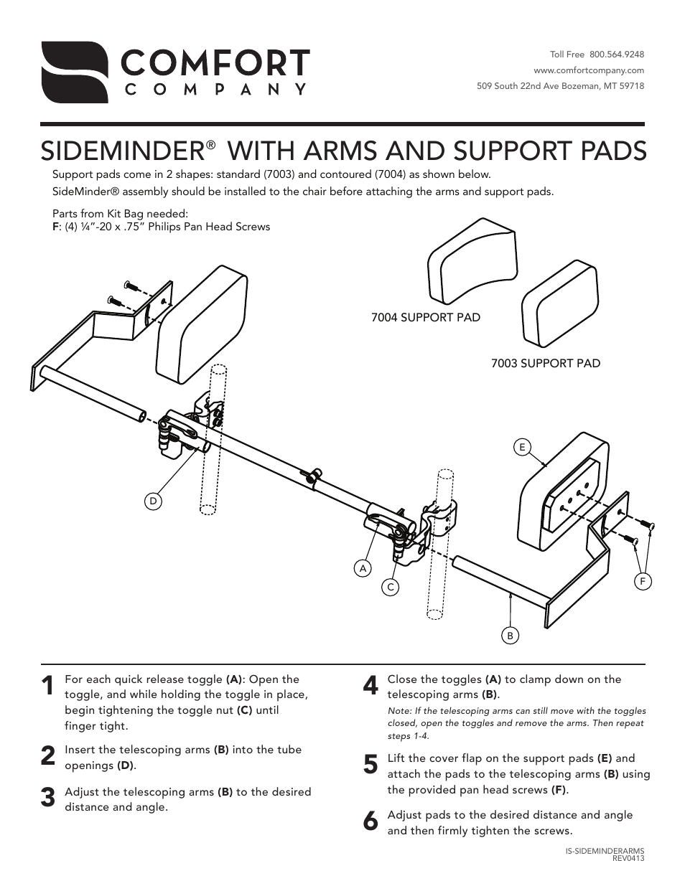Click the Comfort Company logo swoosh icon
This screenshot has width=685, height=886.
(x=74, y=72)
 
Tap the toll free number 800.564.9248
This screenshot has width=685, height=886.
(x=616, y=55)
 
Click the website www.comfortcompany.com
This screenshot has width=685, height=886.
(x=589, y=70)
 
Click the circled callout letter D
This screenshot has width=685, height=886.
(x=153, y=501)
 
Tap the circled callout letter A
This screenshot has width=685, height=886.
(x=363, y=568)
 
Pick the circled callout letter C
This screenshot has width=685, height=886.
(x=391, y=587)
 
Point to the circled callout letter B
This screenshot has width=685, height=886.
(x=510, y=635)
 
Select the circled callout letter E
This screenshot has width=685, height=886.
(x=522, y=447)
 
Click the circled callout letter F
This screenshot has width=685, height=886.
(x=643, y=581)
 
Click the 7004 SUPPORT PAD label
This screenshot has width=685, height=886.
(x=425, y=317)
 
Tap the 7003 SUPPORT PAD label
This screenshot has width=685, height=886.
(x=545, y=363)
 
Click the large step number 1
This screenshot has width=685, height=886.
(x=47, y=687)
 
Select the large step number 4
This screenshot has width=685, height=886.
(x=370, y=687)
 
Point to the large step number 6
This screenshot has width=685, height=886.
(x=370, y=822)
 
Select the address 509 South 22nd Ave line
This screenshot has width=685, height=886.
(x=560, y=86)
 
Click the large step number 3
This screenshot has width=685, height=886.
(x=47, y=798)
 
